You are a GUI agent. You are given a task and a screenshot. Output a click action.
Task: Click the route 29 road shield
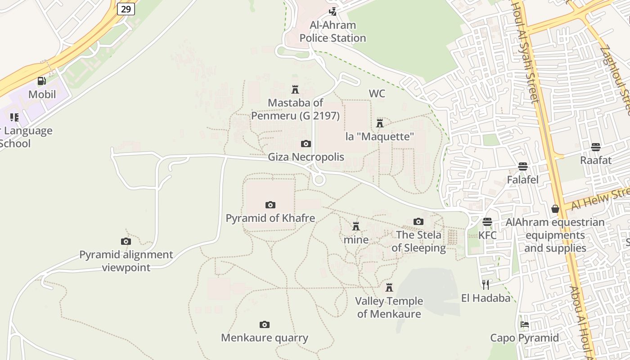tap(126, 9)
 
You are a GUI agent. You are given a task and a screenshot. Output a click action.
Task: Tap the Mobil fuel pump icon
tap(41, 81)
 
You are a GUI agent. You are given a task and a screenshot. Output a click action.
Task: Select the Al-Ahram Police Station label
tap(333, 31)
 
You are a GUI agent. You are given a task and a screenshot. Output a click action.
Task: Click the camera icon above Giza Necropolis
tap(306, 144)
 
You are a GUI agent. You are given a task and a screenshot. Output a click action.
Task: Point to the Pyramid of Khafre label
tap(270, 218)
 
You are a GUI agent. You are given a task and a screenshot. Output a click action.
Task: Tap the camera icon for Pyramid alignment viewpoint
tap(126, 242)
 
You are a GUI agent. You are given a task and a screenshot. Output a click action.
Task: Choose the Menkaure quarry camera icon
tap(265, 325)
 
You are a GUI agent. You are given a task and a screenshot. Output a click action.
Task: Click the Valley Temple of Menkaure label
tap(389, 307)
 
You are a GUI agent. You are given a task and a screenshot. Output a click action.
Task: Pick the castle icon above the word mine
tap(356, 226)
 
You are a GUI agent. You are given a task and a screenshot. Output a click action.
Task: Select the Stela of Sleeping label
tap(418, 241)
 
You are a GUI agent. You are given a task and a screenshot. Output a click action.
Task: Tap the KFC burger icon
tap(487, 222)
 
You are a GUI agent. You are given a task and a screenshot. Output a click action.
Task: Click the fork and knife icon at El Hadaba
tap(486, 284)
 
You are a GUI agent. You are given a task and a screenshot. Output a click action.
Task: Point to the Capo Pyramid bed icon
tap(524, 324)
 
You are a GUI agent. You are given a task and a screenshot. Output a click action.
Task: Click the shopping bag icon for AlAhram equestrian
tap(555, 209)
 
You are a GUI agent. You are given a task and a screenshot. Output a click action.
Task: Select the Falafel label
tap(522, 180)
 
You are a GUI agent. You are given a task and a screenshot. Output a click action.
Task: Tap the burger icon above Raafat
tap(596, 147)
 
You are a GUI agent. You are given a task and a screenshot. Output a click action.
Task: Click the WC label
tap(377, 94)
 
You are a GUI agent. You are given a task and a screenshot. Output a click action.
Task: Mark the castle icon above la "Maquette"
tap(380, 123)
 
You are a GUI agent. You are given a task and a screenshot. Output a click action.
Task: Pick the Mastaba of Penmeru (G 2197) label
tap(295, 109)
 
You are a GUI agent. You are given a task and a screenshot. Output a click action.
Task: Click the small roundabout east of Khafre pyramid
tap(319, 180)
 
